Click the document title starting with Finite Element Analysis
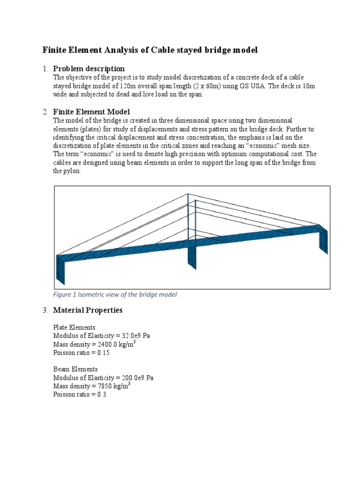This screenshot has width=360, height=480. (150, 50)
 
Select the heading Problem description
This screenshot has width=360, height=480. (89, 69)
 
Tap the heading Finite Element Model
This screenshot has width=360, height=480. (91, 112)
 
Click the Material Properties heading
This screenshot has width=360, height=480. (88, 310)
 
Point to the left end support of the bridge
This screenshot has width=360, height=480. (60, 270)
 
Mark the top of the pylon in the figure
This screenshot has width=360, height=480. (188, 194)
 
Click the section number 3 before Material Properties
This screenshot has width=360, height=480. (45, 310)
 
